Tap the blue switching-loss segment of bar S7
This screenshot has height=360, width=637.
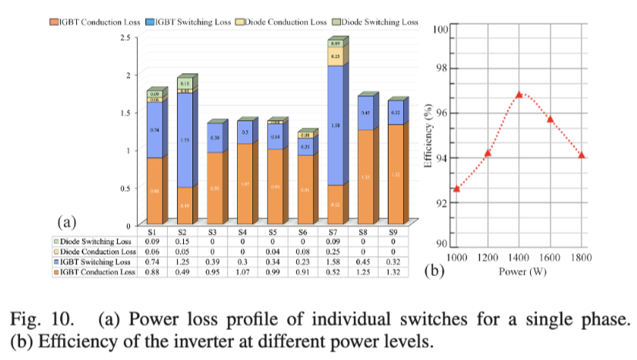(x=335, y=125)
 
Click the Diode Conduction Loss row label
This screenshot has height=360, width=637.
(x=98, y=251)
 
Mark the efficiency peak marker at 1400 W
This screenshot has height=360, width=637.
(x=519, y=94)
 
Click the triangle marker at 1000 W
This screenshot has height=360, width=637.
(x=456, y=188)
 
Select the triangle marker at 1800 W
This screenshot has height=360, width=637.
(x=582, y=155)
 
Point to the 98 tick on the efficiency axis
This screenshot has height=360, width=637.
(x=440, y=68)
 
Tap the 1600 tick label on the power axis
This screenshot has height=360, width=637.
(x=551, y=258)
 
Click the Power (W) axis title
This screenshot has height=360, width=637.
(x=519, y=271)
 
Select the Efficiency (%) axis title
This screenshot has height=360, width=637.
(x=429, y=136)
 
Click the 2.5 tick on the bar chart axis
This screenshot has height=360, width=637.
(x=124, y=36)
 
